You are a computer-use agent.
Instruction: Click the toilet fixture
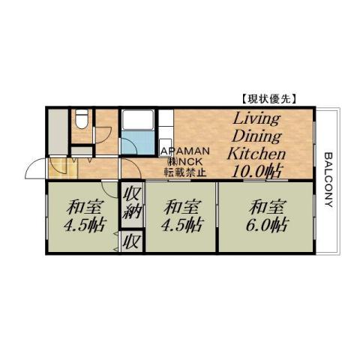[82, 118]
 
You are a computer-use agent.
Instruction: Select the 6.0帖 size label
[267, 224]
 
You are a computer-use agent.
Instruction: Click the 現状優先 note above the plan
[268, 98]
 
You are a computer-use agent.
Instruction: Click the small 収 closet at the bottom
[131, 241]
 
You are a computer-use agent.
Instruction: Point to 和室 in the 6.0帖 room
[267, 205]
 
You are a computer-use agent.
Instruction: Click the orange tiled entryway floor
[58, 166]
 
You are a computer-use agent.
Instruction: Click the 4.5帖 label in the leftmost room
[84, 224]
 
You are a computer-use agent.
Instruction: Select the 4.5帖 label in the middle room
[181, 224]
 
